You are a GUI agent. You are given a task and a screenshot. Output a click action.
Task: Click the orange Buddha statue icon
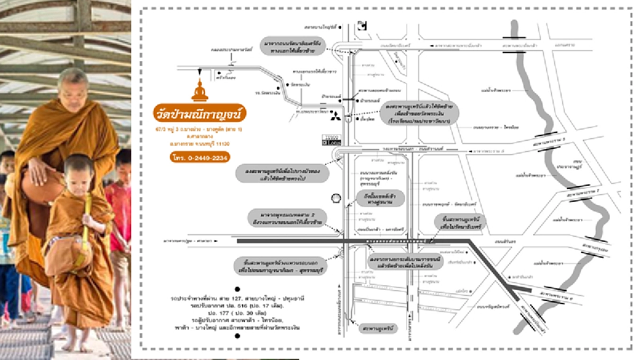pyautogui.click(x=200, y=91)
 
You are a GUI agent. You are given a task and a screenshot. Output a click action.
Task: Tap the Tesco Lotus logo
pyautogui.click(x=330, y=141)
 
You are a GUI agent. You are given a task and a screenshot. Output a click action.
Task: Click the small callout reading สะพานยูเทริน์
pyautogui.click(x=378, y=329)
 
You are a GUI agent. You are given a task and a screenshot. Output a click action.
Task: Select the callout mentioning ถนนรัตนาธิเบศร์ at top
pyautogui.click(x=292, y=45)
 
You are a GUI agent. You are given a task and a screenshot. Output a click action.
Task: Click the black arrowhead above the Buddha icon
pyautogui.click(x=200, y=72)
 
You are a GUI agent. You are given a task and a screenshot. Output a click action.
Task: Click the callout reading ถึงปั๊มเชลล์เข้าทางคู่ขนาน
pyautogui.click(x=381, y=198)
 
